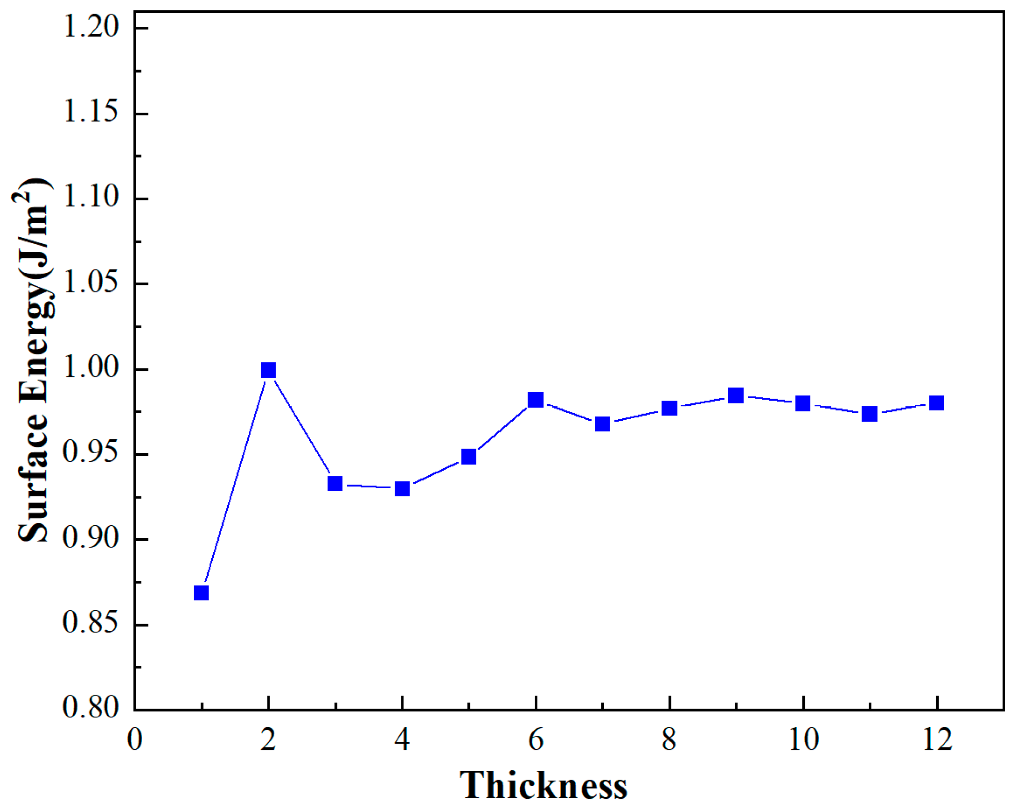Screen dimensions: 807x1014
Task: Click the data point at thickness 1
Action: tap(201, 593)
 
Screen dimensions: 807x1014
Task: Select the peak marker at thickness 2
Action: tap(268, 370)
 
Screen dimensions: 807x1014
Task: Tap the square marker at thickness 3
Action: tap(335, 483)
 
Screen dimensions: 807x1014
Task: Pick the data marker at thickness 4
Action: tap(402, 488)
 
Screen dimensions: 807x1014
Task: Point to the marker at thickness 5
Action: tap(468, 456)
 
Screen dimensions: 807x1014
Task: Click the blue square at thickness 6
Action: tap(535, 400)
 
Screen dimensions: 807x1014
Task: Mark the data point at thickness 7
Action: tap(602, 424)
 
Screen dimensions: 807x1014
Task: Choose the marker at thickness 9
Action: tap(736, 396)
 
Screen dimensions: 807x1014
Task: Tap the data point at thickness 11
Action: tap(870, 414)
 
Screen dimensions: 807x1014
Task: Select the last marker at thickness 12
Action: tap(936, 403)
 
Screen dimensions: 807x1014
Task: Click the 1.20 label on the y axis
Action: tap(91, 27)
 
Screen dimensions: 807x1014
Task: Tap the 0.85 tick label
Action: tap(91, 624)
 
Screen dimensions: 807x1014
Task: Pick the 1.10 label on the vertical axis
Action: tap(91, 197)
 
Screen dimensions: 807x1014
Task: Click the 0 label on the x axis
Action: tap(134, 740)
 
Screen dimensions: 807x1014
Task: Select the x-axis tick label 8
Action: tap(669, 740)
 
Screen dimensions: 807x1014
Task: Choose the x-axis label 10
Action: tap(803, 740)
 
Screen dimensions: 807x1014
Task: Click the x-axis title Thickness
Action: tap(543, 786)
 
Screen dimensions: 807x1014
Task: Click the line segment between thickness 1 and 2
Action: tap(234, 482)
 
